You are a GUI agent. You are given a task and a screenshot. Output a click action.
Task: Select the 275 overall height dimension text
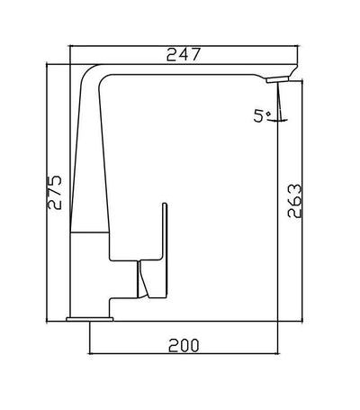point(57,192)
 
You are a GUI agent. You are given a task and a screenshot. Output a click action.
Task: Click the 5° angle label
point(260,116)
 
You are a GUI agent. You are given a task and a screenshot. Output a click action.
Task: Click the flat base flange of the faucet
point(90,316)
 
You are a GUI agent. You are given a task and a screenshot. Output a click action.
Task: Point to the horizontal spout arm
point(189,72)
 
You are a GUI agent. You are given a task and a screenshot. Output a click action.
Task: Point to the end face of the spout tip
point(294,72)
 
